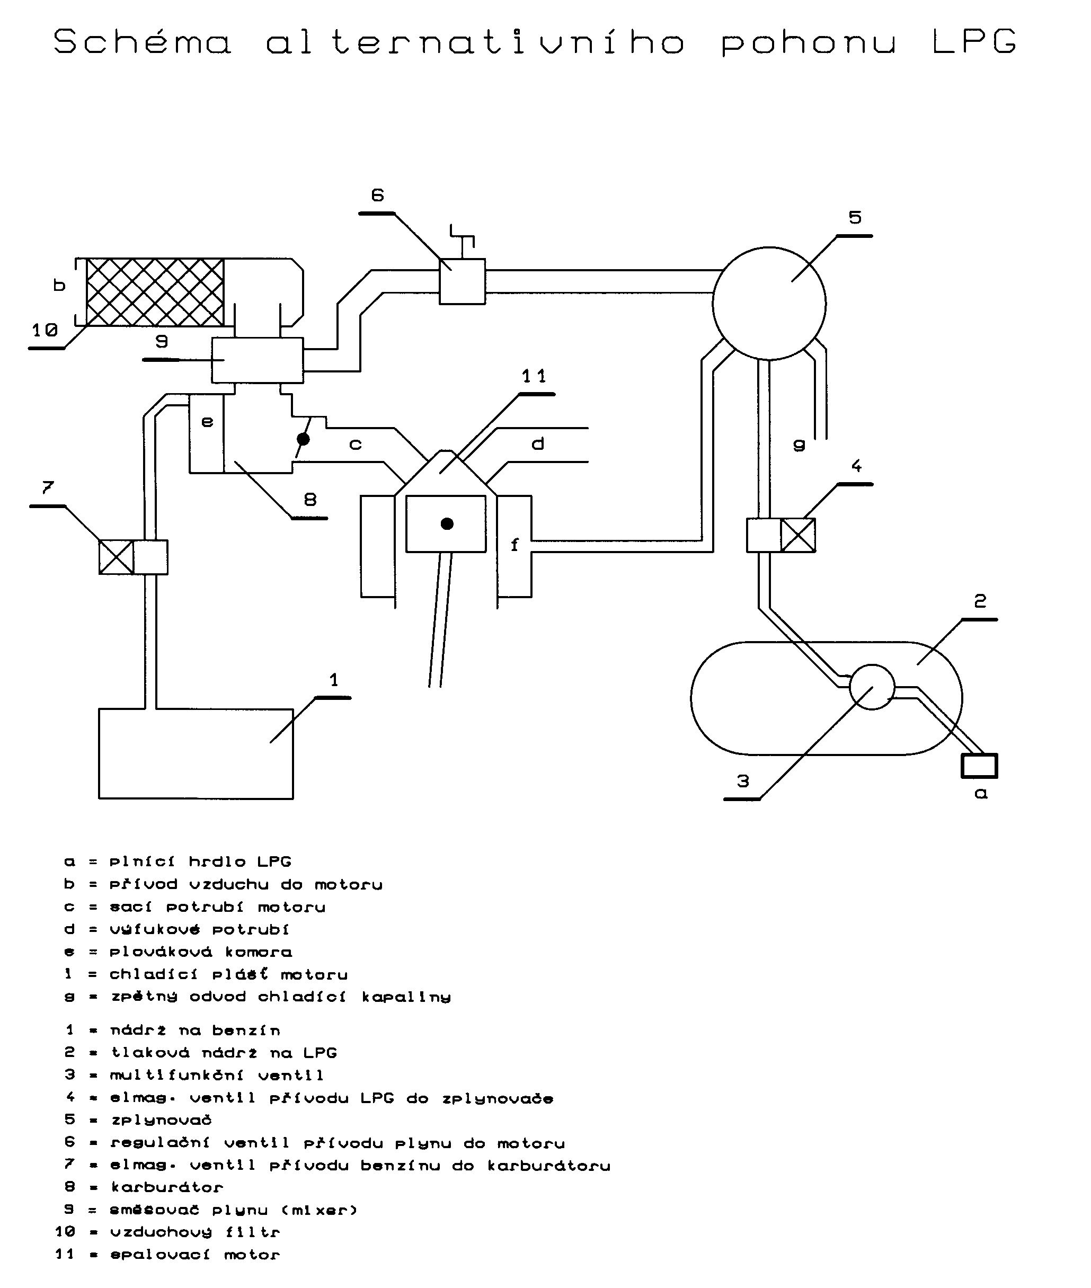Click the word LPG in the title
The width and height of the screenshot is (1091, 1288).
[x=973, y=42]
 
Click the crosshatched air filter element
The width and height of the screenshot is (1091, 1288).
[x=155, y=292]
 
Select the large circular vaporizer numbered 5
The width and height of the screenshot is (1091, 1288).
[x=769, y=303]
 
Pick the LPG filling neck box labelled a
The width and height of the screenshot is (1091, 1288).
[x=979, y=766]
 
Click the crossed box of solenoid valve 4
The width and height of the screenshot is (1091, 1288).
[x=798, y=535]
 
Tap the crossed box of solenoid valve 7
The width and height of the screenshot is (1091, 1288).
[x=116, y=557]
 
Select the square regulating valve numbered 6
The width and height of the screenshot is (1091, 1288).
[x=462, y=281]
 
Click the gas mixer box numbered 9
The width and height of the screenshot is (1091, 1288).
[x=258, y=360]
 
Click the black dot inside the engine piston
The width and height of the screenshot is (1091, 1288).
[x=447, y=524]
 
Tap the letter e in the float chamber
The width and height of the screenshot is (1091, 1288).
[x=207, y=422]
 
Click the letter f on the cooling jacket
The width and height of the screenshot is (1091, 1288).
[x=515, y=545]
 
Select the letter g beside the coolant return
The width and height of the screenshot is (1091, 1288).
[x=799, y=445]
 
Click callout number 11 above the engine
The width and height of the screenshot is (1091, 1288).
[x=534, y=376]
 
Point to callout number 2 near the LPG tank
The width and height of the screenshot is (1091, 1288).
[x=980, y=600]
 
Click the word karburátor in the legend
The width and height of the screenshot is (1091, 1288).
[x=167, y=1187]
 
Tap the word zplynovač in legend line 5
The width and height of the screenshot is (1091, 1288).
[x=162, y=1120]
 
